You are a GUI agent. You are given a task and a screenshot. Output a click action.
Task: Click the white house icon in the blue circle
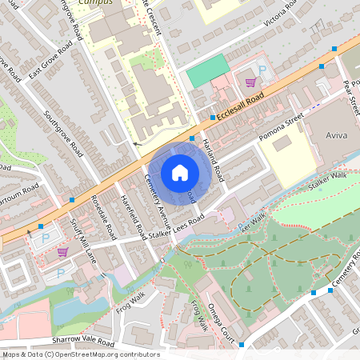[180, 172]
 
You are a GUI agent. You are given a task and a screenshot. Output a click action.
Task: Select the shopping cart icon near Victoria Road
[251, 82]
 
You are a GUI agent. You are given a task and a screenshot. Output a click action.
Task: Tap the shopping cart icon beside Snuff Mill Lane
[62, 252]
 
